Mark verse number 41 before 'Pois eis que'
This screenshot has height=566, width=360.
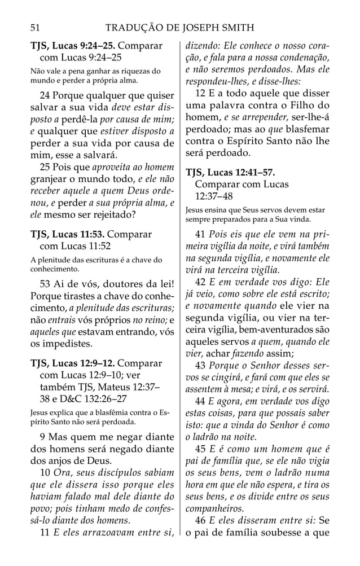[200, 234]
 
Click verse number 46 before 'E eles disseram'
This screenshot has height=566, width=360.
[200, 521]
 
